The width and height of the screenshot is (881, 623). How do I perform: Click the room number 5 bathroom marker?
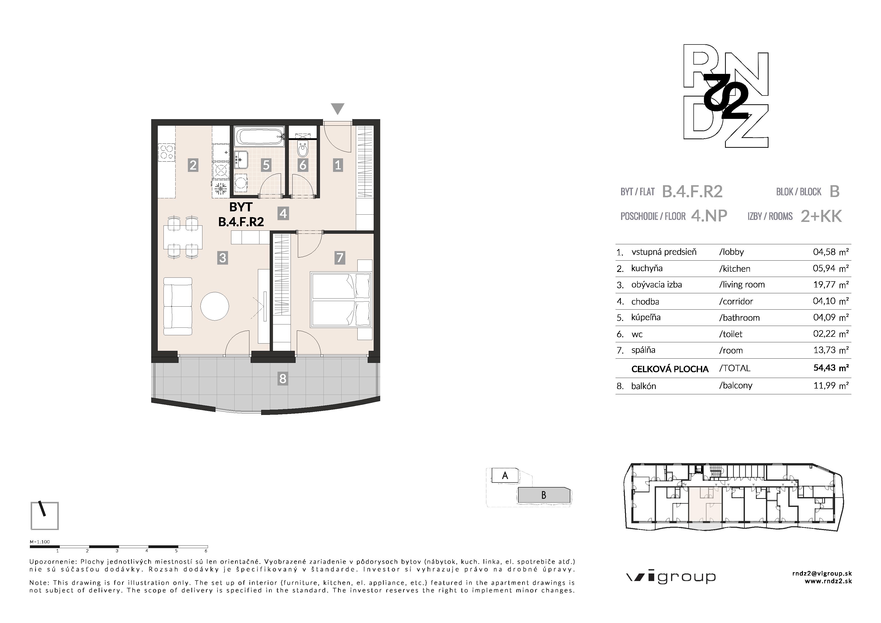point(266,165)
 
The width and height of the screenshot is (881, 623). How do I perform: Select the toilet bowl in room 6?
point(303,150)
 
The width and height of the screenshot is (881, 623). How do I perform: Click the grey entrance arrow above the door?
point(338,109)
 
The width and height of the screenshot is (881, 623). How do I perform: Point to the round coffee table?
point(215,306)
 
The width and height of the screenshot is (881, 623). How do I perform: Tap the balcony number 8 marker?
point(283,379)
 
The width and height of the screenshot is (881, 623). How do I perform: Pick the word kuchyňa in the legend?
point(647,268)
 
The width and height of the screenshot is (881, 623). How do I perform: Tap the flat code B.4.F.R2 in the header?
point(692,191)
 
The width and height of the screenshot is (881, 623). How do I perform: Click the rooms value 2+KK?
point(821,216)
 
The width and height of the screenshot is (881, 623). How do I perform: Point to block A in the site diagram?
point(505,475)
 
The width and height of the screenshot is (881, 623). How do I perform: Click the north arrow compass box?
point(44,515)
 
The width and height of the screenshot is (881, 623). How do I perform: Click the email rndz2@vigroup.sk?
point(822,573)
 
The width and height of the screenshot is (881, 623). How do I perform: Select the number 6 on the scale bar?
point(206,551)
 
